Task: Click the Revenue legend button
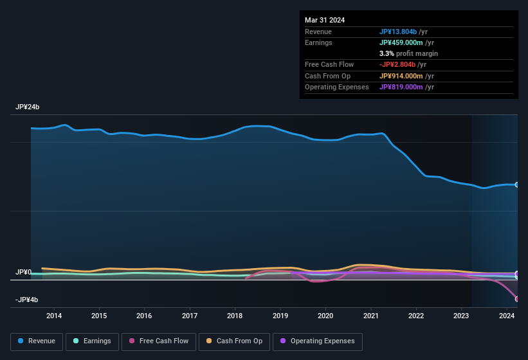[37, 341]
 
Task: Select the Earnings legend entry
[91, 341]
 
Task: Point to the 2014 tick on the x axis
[54, 316]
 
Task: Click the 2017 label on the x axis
[190, 316]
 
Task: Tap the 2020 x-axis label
[325, 316]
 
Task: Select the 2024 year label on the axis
[507, 316]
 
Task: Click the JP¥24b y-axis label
[28, 107]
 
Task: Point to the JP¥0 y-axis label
[23, 272]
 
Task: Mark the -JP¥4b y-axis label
[28, 300]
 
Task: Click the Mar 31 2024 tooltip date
[325, 20]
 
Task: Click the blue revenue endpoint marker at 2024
[517, 184]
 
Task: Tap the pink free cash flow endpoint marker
[517, 298]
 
